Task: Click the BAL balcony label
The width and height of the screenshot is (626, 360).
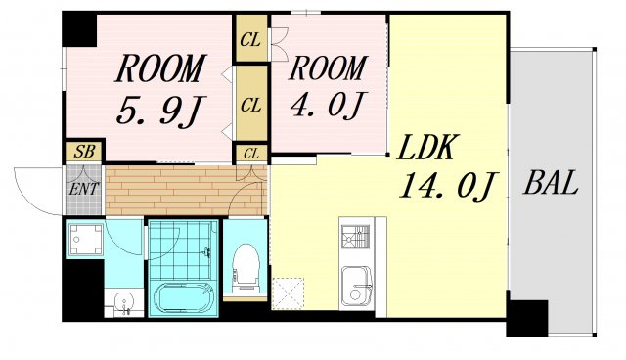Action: click(551, 182)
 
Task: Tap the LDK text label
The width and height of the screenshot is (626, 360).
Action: click(426, 147)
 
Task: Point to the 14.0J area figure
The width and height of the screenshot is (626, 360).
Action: click(448, 185)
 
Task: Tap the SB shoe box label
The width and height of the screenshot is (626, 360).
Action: click(85, 152)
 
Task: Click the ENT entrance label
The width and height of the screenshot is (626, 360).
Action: click(83, 189)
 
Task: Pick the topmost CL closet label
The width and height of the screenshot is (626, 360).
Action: click(250, 40)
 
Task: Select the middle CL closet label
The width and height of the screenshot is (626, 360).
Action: click(251, 106)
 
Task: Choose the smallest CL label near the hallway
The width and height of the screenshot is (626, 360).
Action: click(250, 154)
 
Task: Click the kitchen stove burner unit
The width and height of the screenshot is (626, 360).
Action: click(356, 237)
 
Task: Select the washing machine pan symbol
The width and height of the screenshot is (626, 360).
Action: click(85, 240)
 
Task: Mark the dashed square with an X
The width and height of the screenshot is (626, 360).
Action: click(288, 293)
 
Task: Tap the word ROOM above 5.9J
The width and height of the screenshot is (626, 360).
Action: click(160, 68)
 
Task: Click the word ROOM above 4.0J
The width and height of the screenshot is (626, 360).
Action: click(328, 68)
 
